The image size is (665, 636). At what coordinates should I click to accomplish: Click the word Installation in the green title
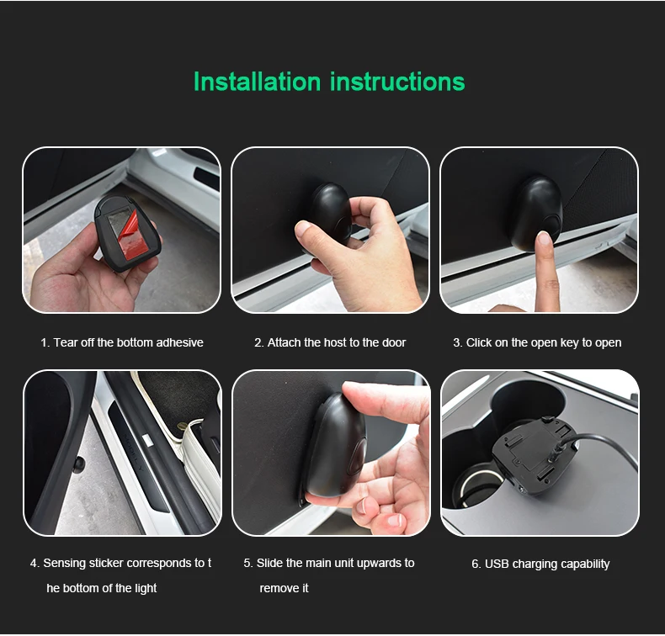(257, 82)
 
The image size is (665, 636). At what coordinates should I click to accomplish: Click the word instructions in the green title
(397, 82)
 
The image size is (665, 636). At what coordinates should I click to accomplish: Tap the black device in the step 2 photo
(329, 218)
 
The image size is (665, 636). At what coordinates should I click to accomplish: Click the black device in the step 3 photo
(537, 213)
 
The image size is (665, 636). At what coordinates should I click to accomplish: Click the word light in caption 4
(145, 588)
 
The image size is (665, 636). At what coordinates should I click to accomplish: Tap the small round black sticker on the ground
(78, 465)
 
